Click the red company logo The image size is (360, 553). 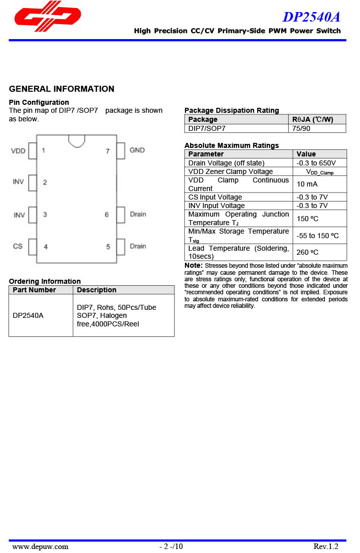48,17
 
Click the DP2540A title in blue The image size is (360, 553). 311,17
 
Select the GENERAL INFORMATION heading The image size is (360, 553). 62,89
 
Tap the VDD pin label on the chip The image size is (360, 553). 18,150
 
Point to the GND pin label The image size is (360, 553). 137,150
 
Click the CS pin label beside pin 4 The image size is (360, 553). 18,246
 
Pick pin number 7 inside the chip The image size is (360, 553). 107,151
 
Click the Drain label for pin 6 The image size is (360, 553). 138,214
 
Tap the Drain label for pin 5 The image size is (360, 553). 138,246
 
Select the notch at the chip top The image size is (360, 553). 77,140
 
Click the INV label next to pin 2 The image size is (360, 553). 18,182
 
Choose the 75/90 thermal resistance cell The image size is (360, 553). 301,128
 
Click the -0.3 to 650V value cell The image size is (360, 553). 316,163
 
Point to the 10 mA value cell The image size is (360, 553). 307,184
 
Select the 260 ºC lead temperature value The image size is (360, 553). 307,252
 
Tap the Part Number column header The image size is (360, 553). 35,290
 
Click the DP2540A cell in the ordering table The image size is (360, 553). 28,316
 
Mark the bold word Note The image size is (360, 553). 193,265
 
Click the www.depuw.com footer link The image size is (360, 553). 40,546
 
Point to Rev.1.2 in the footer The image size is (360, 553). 326,546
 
